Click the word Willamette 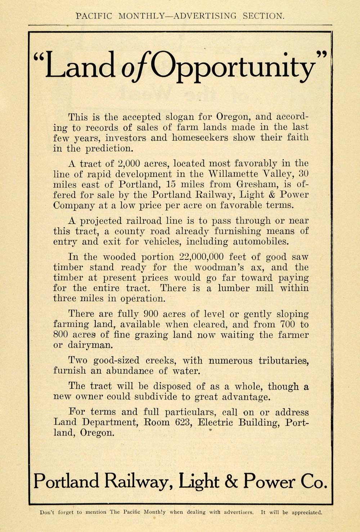[x=233, y=174]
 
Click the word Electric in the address [x=215, y=422]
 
